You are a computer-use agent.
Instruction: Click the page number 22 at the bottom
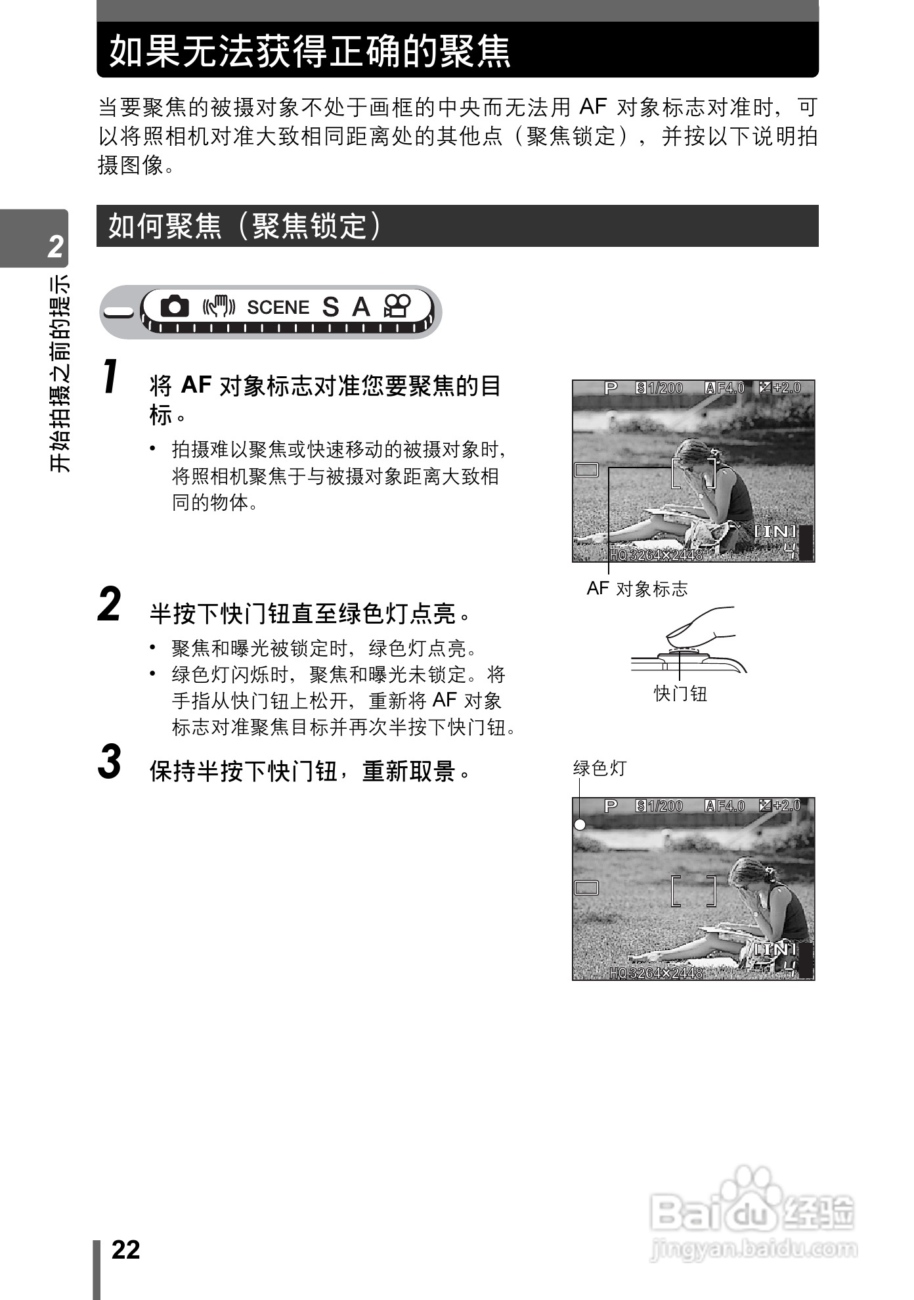click(x=126, y=1249)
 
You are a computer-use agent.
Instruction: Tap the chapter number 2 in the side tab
click(x=55, y=246)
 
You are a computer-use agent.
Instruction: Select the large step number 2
click(x=110, y=604)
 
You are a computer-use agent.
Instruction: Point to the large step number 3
click(x=110, y=762)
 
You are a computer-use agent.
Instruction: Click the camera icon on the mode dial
click(x=175, y=306)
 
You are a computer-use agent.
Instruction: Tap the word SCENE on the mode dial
click(x=278, y=307)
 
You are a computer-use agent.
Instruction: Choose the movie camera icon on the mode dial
click(x=397, y=306)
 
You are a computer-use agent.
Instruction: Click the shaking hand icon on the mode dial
click(x=219, y=307)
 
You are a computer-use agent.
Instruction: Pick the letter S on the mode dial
click(x=330, y=307)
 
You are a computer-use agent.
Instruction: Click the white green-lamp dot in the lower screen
click(x=580, y=825)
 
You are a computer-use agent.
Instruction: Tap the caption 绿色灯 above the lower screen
click(x=599, y=768)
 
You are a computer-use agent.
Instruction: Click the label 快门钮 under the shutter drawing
click(x=680, y=693)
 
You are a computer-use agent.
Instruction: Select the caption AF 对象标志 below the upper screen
click(x=637, y=589)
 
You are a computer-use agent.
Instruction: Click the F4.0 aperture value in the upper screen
click(x=730, y=388)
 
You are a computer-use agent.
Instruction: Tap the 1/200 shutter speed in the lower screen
click(x=665, y=806)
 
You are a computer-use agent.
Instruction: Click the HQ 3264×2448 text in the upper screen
click(x=656, y=555)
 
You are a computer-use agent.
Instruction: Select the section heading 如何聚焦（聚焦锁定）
click(x=244, y=227)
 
